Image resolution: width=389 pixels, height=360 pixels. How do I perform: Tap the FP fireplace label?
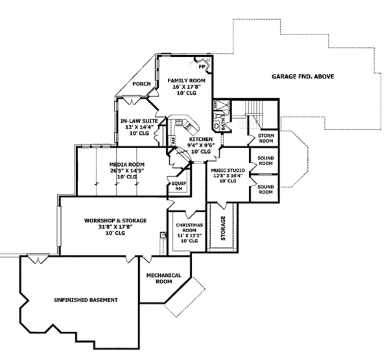202,67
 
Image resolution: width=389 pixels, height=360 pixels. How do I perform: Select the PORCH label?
141,84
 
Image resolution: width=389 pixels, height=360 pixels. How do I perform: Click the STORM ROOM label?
265,137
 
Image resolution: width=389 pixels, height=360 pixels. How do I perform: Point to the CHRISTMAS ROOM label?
190,227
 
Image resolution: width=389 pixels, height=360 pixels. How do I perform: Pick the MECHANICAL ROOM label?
163,278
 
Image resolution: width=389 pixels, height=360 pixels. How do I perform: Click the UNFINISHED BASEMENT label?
86,300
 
